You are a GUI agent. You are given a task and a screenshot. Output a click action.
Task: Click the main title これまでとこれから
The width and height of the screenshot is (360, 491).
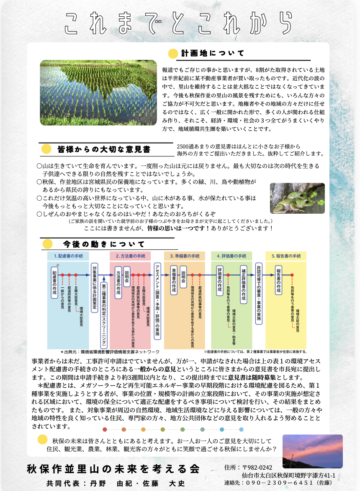pos(178,23)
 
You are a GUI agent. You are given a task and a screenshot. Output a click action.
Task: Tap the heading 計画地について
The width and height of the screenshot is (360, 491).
pos(213,54)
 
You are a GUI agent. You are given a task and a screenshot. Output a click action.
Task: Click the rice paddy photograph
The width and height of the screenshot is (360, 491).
pos(98,92)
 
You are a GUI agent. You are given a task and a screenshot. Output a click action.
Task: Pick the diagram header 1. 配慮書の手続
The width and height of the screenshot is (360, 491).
pos(68,256)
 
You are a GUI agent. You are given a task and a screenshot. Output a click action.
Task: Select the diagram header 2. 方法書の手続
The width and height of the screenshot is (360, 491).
pos(130,256)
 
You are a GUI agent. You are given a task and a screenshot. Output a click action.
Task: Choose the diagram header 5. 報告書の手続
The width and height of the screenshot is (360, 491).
pos(286,256)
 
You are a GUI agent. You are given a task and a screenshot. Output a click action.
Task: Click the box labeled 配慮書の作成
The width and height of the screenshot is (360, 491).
pos(54,282)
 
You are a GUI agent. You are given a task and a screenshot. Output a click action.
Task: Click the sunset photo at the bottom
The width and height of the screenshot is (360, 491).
pos(312,451)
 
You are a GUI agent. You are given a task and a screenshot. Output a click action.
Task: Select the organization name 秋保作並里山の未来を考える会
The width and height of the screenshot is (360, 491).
pos(113,468)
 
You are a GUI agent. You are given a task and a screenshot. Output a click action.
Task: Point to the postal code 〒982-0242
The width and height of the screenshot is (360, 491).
pos(257,468)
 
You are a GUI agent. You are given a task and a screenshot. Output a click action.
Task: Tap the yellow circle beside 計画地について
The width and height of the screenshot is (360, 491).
pos(172,54)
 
